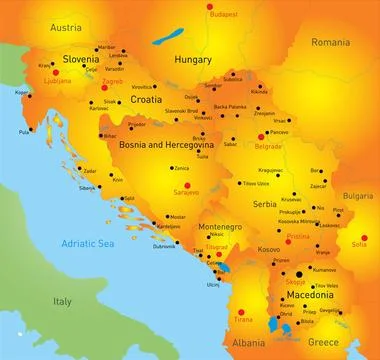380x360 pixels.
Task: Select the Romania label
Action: [x=330, y=43]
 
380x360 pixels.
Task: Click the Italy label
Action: [x=62, y=300]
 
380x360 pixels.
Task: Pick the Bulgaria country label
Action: [x=356, y=197]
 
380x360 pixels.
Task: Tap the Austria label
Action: [x=36, y=24]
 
